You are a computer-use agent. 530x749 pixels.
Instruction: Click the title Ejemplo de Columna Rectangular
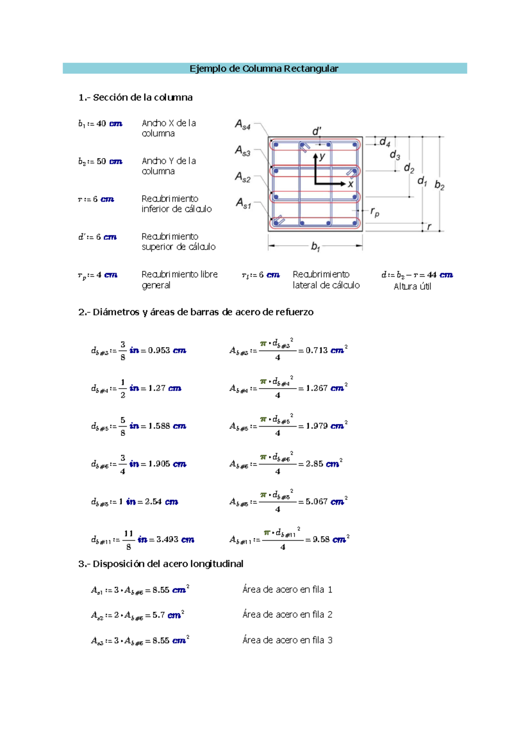[264, 68]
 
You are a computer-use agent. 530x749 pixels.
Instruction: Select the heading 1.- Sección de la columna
[136, 97]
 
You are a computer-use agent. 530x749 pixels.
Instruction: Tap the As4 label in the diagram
[242, 125]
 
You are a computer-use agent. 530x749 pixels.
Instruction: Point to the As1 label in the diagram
[243, 203]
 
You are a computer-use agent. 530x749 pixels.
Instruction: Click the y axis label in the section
[322, 156]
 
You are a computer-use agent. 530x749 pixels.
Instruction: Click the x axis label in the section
[350, 184]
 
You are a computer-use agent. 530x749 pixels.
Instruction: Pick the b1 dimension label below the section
[315, 246]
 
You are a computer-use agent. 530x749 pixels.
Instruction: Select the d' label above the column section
[317, 131]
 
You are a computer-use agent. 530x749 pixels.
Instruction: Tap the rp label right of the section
[375, 212]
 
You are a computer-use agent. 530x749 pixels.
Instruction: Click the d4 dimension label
[385, 142]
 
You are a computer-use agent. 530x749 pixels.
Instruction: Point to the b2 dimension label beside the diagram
[439, 185]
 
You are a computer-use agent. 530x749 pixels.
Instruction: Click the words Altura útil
[413, 287]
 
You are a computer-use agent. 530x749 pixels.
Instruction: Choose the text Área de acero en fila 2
[287, 614]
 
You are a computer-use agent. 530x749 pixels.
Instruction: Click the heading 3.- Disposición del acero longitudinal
[161, 564]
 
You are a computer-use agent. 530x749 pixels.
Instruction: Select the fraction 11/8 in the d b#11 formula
[128, 540]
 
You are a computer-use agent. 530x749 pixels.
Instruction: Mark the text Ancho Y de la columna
[169, 166]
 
